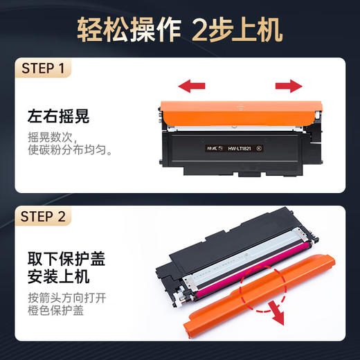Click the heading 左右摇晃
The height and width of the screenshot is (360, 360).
pyautogui.click(x=57, y=114)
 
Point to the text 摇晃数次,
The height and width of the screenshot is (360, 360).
pyautogui.click(x=51, y=136)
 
